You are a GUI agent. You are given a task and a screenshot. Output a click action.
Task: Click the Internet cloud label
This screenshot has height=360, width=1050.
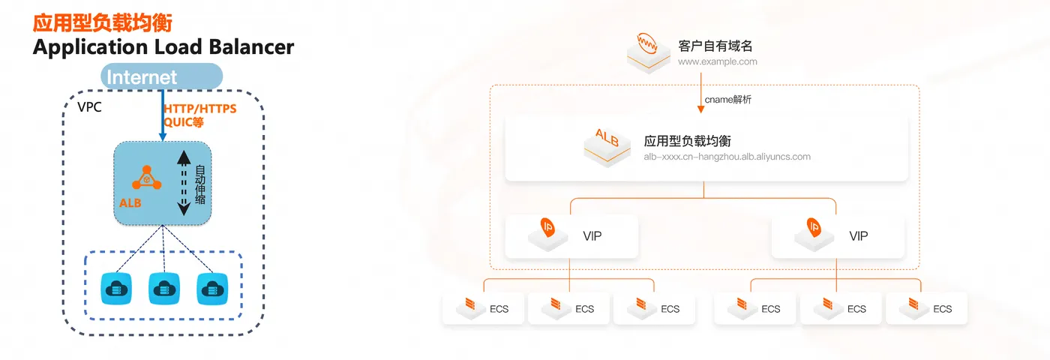[142, 76]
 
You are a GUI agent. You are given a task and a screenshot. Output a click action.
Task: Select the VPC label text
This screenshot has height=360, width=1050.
[90, 107]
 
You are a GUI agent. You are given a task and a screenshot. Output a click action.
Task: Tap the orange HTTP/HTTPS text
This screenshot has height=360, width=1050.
[199, 109]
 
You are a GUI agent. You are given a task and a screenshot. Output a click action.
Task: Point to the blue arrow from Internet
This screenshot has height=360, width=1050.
[163, 112]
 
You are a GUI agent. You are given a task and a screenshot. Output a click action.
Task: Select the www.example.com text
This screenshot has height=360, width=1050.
[717, 61]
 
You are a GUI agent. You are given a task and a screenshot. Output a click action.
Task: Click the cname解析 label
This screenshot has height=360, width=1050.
[727, 100]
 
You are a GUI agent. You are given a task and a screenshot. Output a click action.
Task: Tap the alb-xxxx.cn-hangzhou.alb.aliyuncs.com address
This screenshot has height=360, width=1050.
[727, 157]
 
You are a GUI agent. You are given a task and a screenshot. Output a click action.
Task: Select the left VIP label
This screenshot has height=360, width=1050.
[592, 236]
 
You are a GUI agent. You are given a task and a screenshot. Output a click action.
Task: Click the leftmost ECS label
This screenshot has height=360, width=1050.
[499, 308]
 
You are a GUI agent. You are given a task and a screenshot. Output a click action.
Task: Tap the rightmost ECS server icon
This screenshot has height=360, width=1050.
[915, 304]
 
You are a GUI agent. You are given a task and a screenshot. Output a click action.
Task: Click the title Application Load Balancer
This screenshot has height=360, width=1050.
[163, 47]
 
